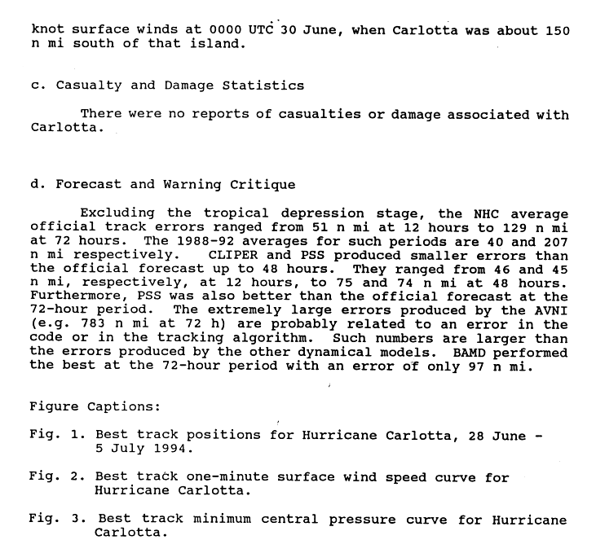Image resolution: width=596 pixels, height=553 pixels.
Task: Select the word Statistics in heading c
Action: [x=263, y=86]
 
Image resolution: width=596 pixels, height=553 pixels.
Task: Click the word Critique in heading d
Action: [x=263, y=184]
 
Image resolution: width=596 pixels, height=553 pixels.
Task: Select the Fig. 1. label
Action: [x=55, y=435]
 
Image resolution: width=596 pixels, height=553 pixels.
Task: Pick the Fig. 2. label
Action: [x=55, y=477]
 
